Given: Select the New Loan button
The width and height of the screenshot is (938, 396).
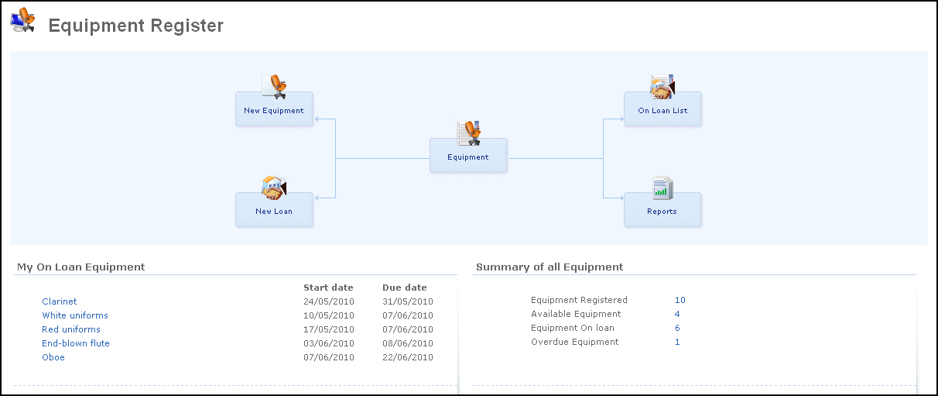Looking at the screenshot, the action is (274, 210).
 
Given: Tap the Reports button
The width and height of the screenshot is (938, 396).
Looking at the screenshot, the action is (662, 210).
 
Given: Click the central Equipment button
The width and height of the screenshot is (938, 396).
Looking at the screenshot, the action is (468, 155).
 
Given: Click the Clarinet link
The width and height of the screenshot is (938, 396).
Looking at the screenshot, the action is (60, 301).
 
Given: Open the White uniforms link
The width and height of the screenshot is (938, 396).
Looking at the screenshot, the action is (75, 315).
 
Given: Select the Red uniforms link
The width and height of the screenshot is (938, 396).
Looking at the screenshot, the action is (71, 329).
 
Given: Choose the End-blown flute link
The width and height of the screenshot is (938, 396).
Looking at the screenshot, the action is (76, 343).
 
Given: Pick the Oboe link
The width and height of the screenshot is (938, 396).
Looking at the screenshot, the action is (53, 357).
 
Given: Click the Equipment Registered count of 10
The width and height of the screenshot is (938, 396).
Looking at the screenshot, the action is (680, 300).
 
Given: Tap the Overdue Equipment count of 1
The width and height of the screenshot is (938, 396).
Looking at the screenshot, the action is (677, 342).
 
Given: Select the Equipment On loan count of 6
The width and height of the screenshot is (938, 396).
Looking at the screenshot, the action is (677, 328).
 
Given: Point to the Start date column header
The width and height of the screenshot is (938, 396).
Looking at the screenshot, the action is (328, 288).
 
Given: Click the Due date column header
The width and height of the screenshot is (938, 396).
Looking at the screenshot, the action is (405, 288).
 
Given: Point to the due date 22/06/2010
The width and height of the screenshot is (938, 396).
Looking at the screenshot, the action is (407, 357).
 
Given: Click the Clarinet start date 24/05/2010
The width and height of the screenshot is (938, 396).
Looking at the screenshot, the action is (329, 301).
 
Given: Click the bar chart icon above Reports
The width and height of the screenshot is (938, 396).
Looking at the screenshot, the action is (662, 188).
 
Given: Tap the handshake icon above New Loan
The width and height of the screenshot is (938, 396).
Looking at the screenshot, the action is (274, 188).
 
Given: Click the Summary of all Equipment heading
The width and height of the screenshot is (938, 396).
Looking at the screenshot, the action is (549, 267).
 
